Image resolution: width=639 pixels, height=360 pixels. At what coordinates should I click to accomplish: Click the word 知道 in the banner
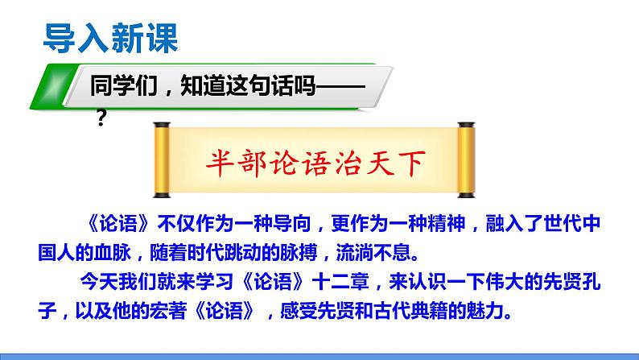pyautogui.click(x=183, y=87)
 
